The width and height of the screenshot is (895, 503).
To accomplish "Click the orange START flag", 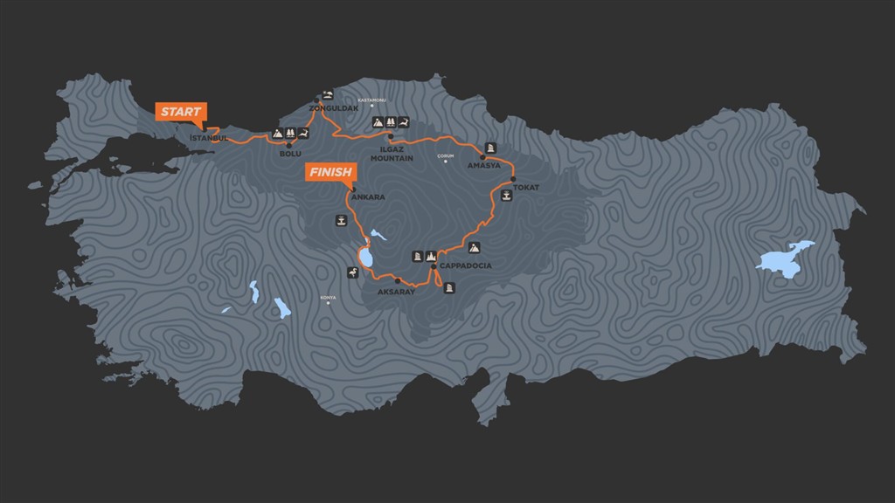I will pyautogui.click(x=181, y=112).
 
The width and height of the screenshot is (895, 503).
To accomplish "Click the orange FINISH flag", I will pyautogui.click(x=330, y=172).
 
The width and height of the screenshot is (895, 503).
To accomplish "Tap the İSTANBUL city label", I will pyautogui.click(x=209, y=138).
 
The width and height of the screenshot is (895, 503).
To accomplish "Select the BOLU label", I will pyautogui.click(x=289, y=154).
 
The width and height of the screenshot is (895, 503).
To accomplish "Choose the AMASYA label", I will pyautogui.click(x=484, y=166).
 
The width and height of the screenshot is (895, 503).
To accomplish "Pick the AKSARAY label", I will pyautogui.click(x=395, y=292).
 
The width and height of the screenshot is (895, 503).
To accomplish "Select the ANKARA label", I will pyautogui.click(x=367, y=197).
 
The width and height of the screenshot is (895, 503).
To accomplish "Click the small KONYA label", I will pyautogui.click(x=328, y=297).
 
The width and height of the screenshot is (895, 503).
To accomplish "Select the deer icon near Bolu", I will pyautogui.click(x=302, y=133).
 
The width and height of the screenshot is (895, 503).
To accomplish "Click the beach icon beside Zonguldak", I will pyautogui.click(x=328, y=94).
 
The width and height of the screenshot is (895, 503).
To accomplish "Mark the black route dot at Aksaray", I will pyautogui.click(x=398, y=280).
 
